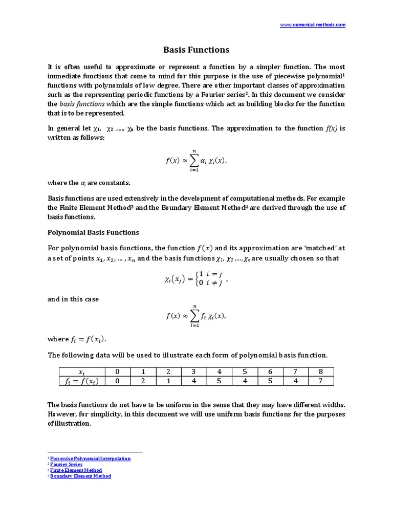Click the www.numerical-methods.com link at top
point(312,25)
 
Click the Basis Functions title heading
point(196,50)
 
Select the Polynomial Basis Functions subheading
point(93,232)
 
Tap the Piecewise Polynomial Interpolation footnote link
point(90,458)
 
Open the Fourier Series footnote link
point(66,465)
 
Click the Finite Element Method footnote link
point(76,470)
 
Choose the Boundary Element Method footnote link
point(80,476)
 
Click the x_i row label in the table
point(81,372)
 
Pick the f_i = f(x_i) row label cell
point(81,381)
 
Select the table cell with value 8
point(320,372)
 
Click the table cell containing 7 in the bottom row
point(320,381)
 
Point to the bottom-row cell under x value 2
point(168,381)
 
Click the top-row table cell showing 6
point(270,372)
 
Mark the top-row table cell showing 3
point(193,372)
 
